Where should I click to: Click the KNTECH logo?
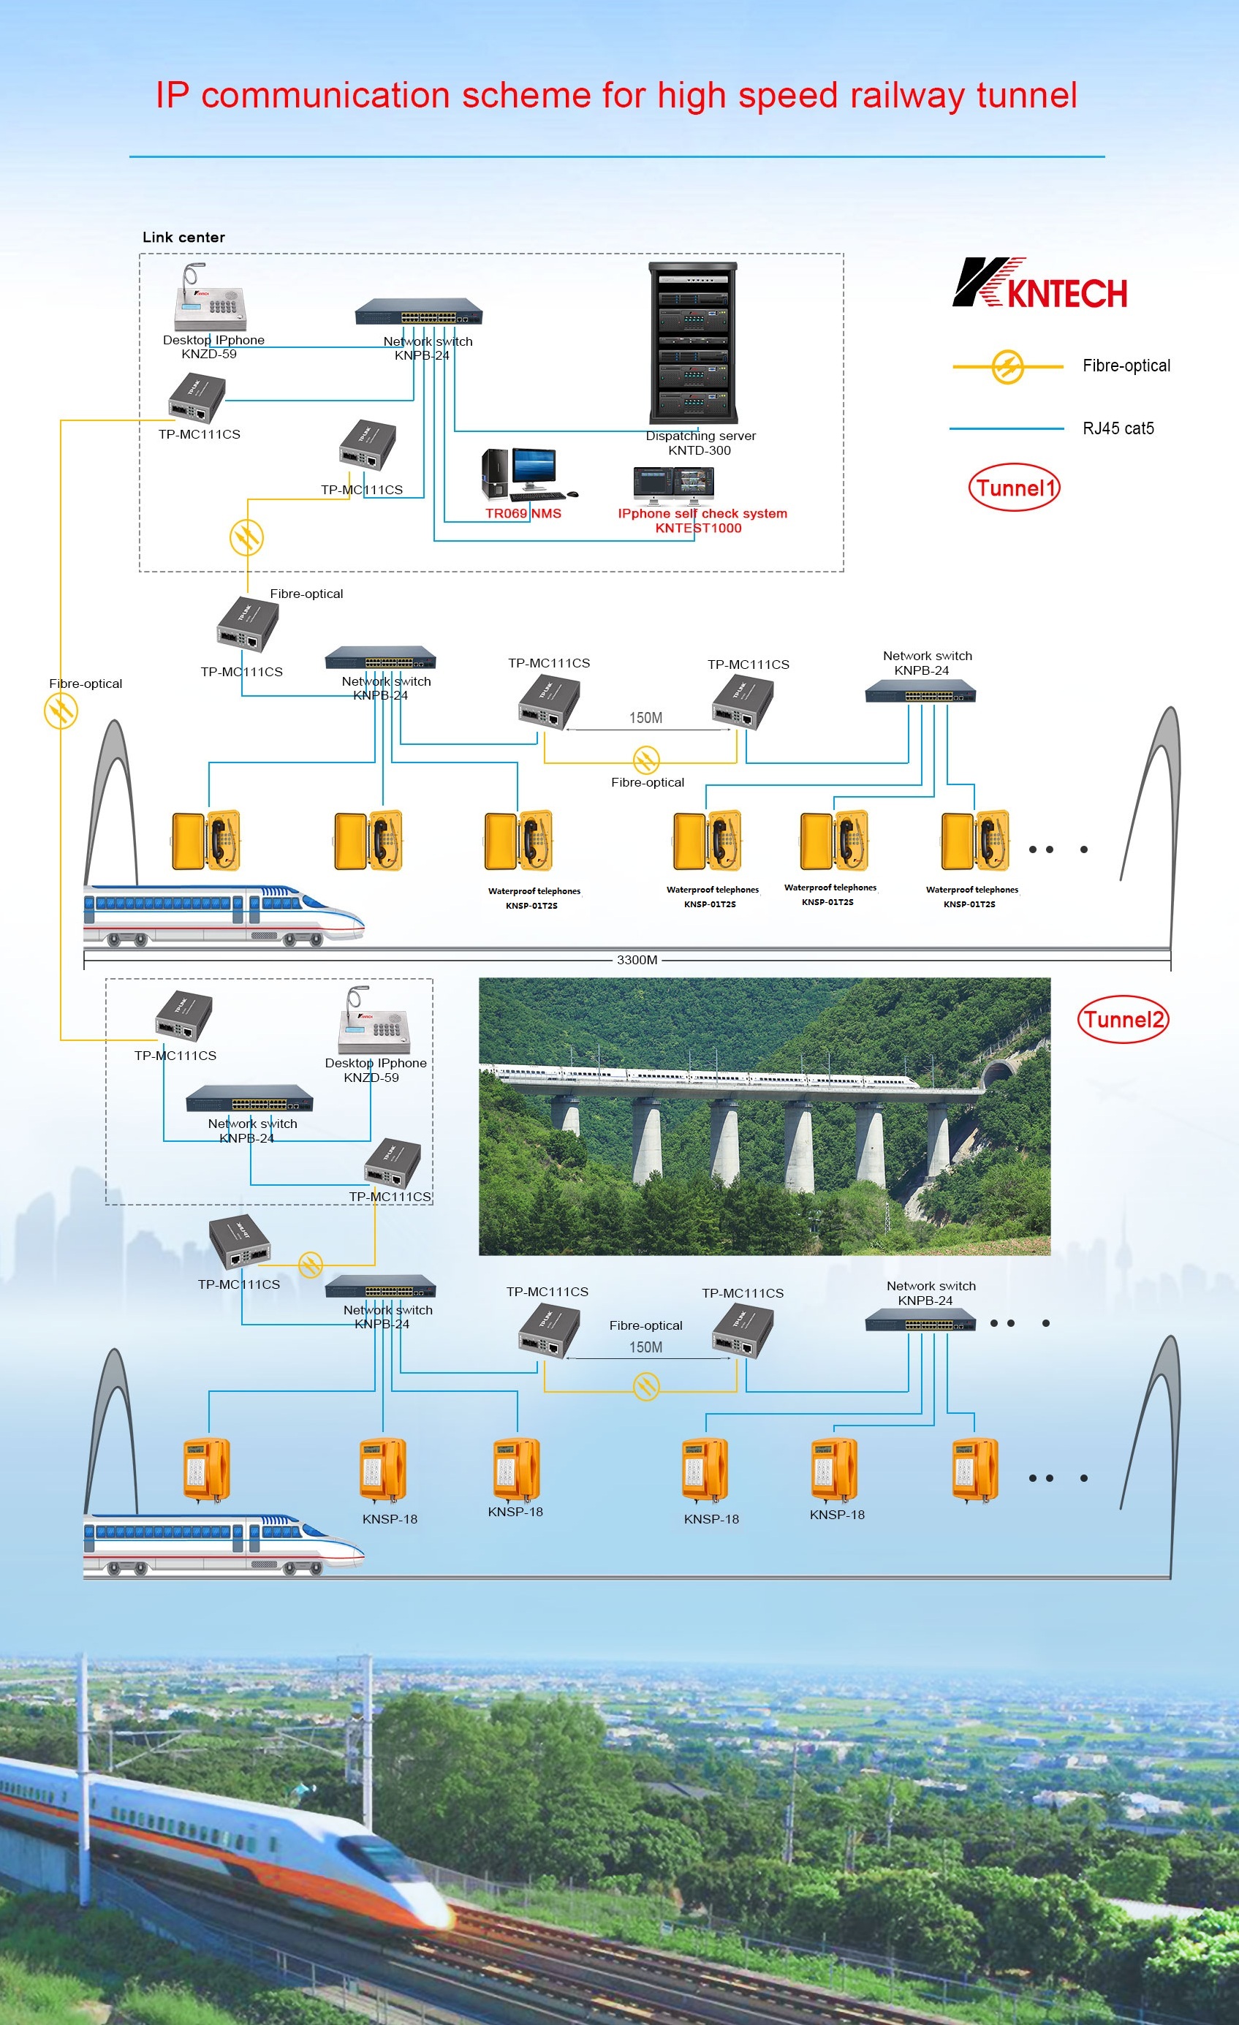pyautogui.click(x=1040, y=284)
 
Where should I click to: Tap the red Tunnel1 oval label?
pyautogui.click(x=1015, y=488)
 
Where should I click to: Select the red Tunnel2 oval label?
pyautogui.click(x=1122, y=1019)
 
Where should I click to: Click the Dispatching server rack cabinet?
pyautogui.click(x=693, y=343)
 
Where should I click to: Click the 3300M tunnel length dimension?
pyautogui.click(x=637, y=959)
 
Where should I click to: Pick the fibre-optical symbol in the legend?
pyautogui.click(x=1007, y=366)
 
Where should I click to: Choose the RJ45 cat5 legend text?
pyautogui.click(x=1118, y=428)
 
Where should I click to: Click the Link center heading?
pyautogui.click(x=183, y=238)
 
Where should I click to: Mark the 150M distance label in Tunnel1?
pyautogui.click(x=645, y=717)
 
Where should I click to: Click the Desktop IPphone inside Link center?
pyautogui.click(x=210, y=299)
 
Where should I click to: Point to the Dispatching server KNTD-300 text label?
pyautogui.click(x=700, y=443)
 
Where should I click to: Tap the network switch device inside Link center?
pyautogui.click(x=418, y=312)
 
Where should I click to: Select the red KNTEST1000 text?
pyautogui.click(x=698, y=528)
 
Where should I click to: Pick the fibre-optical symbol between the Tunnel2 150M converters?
pyautogui.click(x=647, y=1388)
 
